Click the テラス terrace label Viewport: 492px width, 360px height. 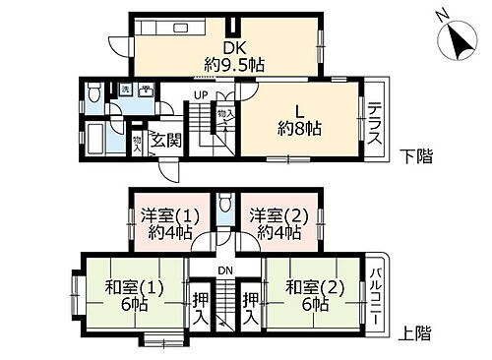[374, 126]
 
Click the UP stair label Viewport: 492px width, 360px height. [201, 94]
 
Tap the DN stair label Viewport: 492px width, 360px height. [225, 271]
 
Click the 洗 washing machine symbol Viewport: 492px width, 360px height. [126, 90]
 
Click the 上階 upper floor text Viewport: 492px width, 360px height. [416, 333]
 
